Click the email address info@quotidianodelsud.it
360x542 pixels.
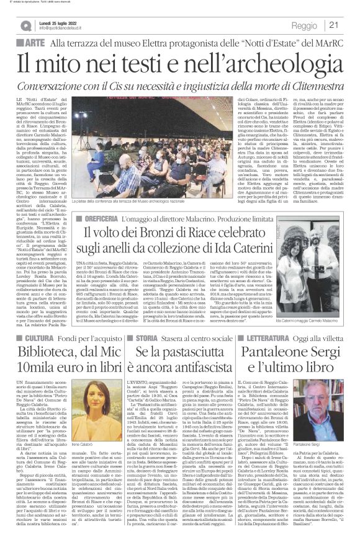coord(68,29)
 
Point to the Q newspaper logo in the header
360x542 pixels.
coord(25,25)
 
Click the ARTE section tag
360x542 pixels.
coord(32,42)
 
